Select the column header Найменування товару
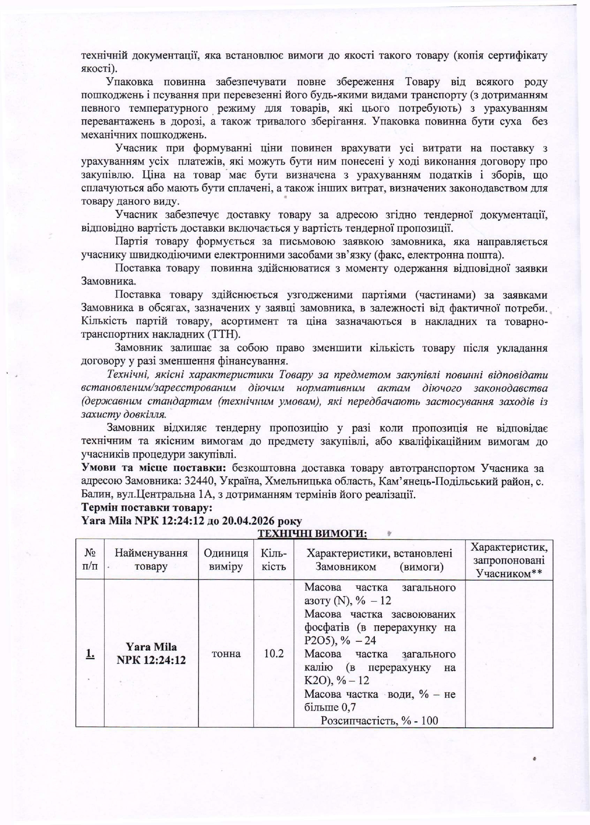click(x=151, y=559)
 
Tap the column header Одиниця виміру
click(x=226, y=559)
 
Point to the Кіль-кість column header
click(x=273, y=559)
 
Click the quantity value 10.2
click(x=273, y=653)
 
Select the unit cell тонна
click(x=226, y=653)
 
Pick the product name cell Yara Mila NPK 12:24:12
click(x=151, y=653)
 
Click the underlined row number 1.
click(x=90, y=653)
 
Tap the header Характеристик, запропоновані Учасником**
click(x=509, y=559)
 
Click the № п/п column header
click(x=90, y=559)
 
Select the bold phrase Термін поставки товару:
click(x=147, y=507)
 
